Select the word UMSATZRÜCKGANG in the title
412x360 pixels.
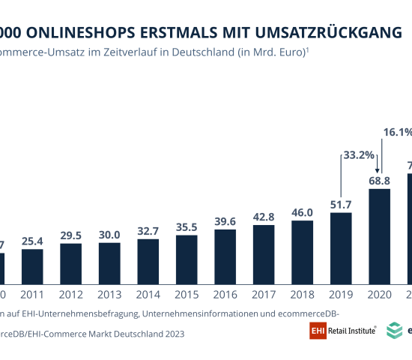[330, 32]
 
